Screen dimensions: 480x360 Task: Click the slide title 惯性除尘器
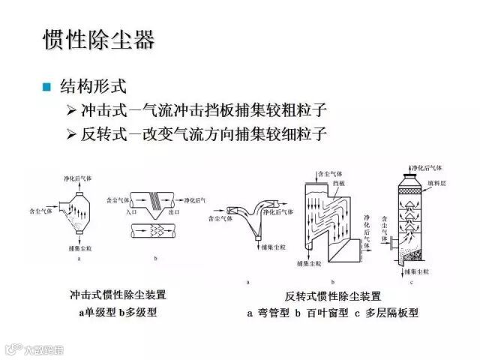tap(98, 39)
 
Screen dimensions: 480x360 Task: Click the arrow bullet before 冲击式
tap(71, 111)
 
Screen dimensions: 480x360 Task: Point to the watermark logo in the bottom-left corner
tap(11, 349)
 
